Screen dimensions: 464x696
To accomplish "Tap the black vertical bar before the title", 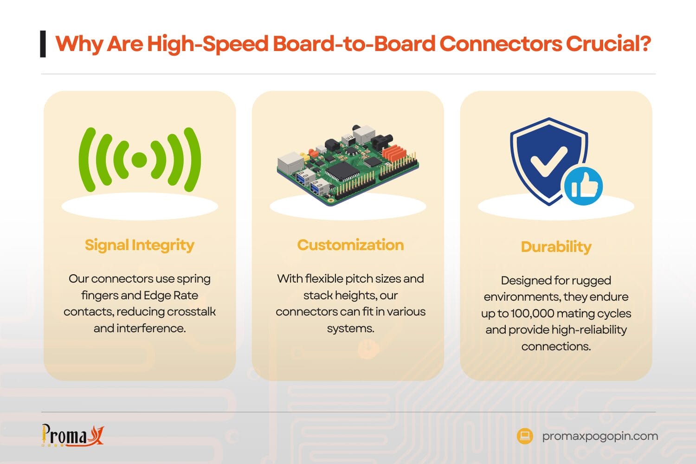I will (43, 44).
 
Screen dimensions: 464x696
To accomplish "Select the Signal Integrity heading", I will (139, 245).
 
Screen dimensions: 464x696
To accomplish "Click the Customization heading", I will (350, 245).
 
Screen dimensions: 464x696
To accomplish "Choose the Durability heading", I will (556, 246).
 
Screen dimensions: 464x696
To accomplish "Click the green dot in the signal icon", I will (139, 160).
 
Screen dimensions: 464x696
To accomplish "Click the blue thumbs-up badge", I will (583, 186).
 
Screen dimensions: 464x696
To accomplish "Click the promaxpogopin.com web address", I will (600, 436).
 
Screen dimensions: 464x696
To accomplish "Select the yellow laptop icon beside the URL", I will (525, 436).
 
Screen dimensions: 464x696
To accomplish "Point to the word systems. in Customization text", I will (350, 328).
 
